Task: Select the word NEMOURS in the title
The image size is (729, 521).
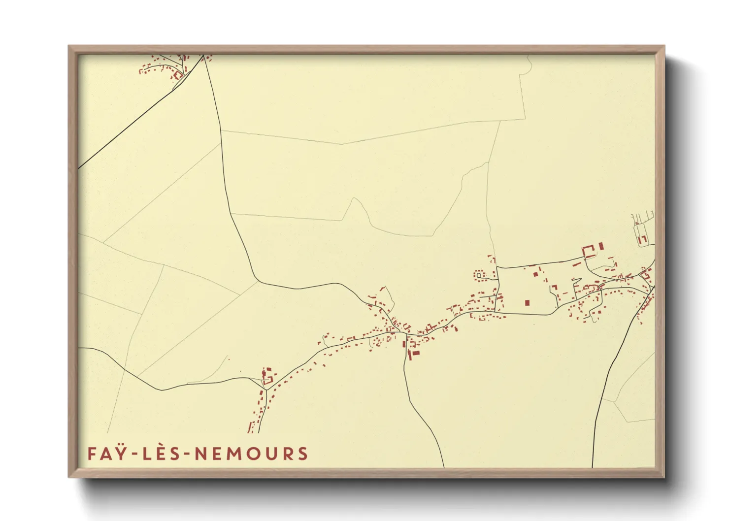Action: (x=251, y=454)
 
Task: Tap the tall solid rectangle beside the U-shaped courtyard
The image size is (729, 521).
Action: (x=601, y=246)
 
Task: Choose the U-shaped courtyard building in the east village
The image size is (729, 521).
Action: (x=588, y=252)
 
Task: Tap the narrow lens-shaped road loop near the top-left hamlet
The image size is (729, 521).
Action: (x=186, y=63)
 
